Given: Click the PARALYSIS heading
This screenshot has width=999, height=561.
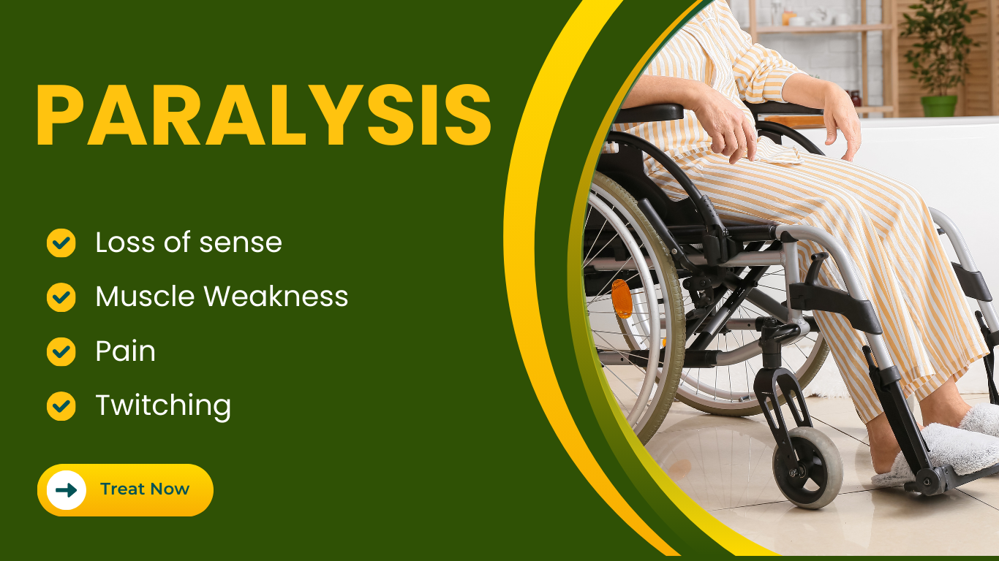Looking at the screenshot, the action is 263,115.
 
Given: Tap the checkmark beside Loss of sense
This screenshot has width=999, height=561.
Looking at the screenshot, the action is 61,243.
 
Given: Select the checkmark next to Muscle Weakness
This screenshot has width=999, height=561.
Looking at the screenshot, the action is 61,297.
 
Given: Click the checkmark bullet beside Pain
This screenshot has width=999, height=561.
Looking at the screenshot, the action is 61,351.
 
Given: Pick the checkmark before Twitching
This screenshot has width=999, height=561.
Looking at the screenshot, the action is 61,406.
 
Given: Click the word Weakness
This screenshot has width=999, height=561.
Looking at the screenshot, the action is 276,296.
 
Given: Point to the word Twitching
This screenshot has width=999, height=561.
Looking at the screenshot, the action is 163,406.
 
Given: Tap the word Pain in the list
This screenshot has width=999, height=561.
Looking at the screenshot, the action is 125,351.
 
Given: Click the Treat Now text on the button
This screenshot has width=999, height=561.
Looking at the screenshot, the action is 145,489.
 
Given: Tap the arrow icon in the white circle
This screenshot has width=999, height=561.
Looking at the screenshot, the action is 67,490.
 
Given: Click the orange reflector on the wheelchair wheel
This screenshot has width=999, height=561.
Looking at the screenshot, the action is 622,299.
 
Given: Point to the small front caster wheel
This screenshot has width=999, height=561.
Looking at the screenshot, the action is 807,467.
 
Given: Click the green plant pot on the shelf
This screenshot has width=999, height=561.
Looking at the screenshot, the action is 939,106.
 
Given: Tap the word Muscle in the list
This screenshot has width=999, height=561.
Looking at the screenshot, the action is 145,296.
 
